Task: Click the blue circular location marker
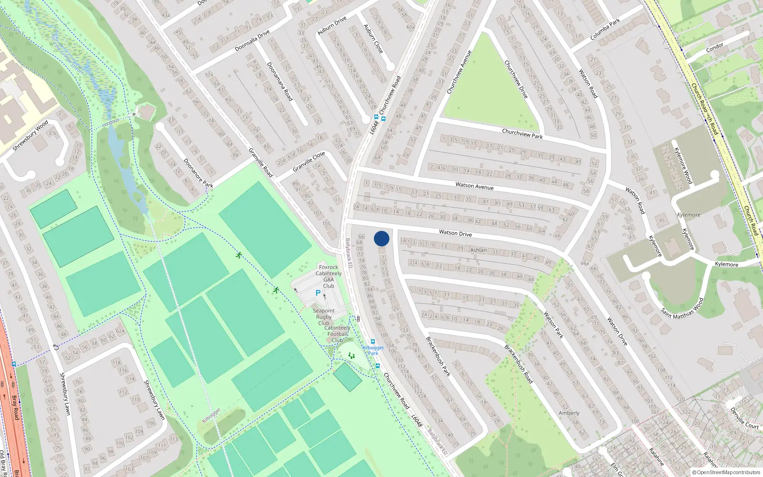(x=381, y=238)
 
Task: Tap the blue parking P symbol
(x=318, y=293)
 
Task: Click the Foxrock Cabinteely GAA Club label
(x=329, y=277)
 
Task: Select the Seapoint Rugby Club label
(x=324, y=317)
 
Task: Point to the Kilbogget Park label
(x=373, y=350)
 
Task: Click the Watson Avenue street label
(x=474, y=186)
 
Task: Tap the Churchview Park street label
(x=522, y=134)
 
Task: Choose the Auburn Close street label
(x=373, y=39)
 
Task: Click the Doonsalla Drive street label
(x=252, y=41)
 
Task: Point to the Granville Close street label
(x=309, y=161)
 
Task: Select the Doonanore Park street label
(x=198, y=173)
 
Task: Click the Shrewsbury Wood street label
(x=31, y=136)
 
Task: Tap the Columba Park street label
(x=605, y=29)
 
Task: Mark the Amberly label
(x=569, y=413)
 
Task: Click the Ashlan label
(x=478, y=250)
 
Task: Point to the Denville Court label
(x=744, y=417)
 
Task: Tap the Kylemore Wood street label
(x=683, y=166)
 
